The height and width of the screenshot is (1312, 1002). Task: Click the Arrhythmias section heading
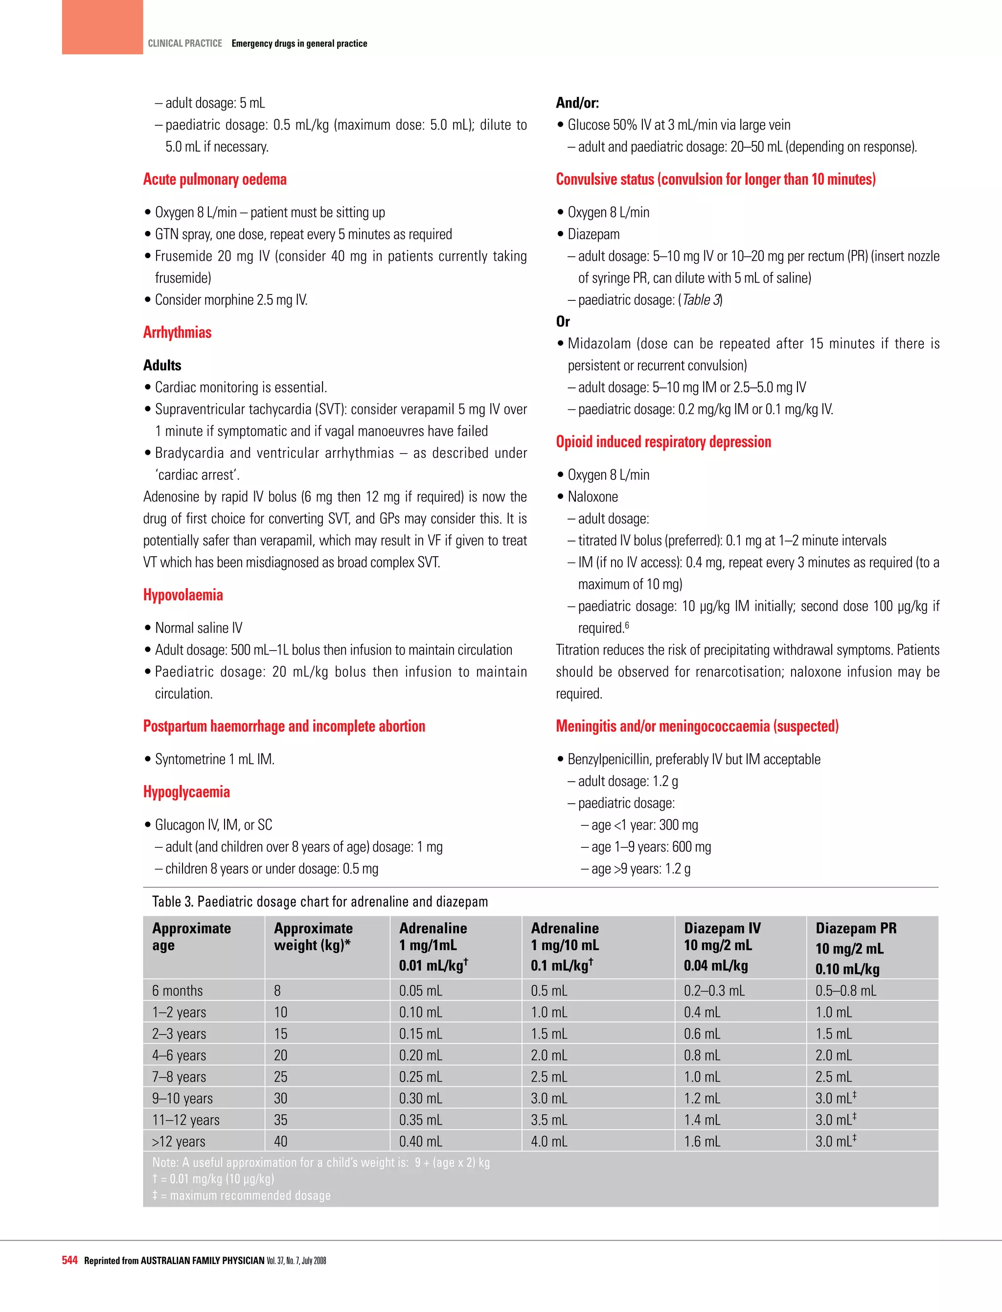pyautogui.click(x=177, y=332)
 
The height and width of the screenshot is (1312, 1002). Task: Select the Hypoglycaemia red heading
pyautogui.click(x=186, y=792)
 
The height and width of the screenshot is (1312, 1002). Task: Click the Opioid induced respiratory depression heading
pyautogui.click(x=663, y=441)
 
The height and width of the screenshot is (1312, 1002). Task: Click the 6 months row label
pyautogui.click(x=177, y=991)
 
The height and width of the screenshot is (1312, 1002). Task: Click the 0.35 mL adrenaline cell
pyautogui.click(x=420, y=1119)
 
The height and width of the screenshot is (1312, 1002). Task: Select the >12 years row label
pyautogui.click(x=178, y=1141)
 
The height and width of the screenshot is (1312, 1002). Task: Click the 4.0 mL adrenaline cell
pyautogui.click(x=549, y=1141)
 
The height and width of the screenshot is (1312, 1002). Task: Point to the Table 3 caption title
pyautogui.click(x=319, y=901)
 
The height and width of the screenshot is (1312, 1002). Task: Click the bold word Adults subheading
pyautogui.click(x=162, y=365)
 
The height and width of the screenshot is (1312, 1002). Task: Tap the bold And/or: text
pyautogui.click(x=577, y=103)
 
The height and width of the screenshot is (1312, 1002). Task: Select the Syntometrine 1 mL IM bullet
pyautogui.click(x=214, y=759)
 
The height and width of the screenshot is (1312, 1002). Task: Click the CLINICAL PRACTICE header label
pyautogui.click(x=184, y=44)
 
